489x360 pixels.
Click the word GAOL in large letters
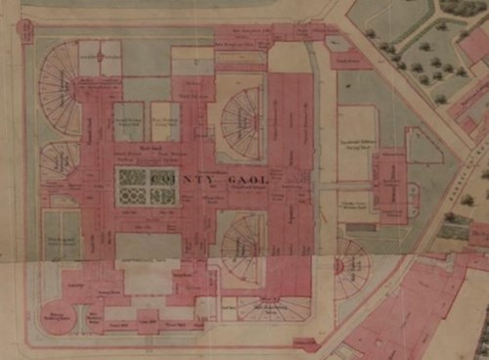click(x=249, y=182)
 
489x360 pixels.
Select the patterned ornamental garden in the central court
click(x=146, y=186)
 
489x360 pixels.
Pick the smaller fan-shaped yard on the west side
click(x=59, y=159)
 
